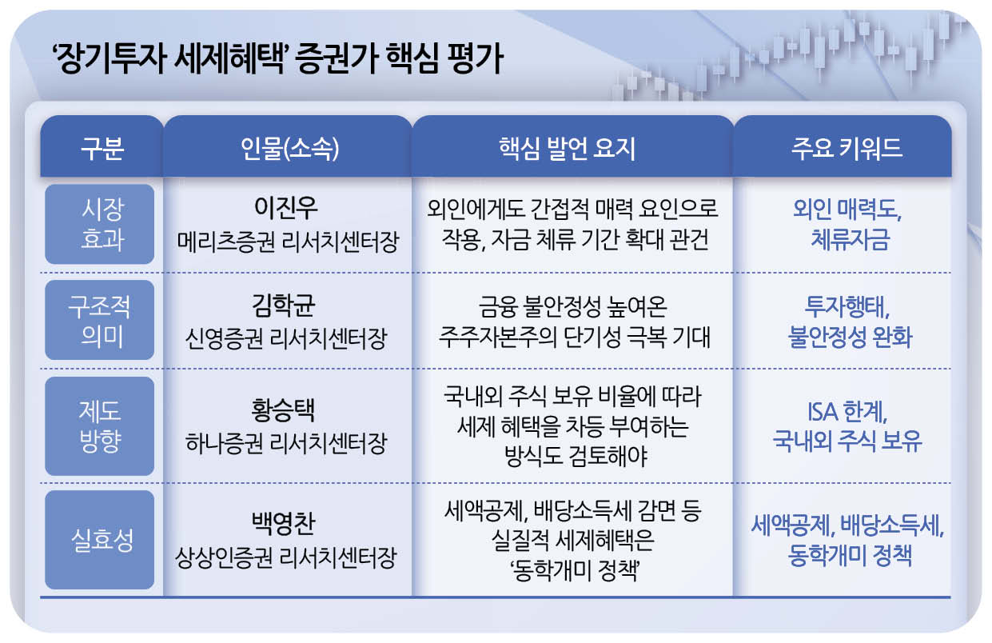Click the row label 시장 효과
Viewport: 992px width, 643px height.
100,225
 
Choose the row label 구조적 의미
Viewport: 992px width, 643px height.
100,320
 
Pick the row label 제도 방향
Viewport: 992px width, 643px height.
100,426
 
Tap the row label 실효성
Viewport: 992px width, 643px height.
100,540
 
